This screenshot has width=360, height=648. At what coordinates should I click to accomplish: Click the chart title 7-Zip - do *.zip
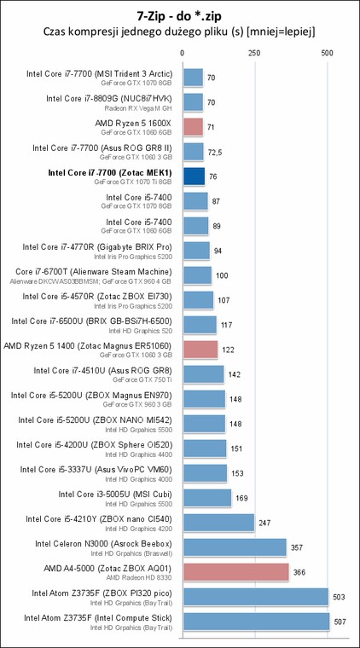pos(180,16)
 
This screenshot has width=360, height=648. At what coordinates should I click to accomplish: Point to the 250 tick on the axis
pos(254,53)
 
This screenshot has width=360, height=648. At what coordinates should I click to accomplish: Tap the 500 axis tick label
pos(327,53)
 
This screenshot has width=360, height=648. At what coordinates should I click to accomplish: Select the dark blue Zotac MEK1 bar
pos(194,176)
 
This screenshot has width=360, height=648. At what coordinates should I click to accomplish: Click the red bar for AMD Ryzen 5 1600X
pos(193,127)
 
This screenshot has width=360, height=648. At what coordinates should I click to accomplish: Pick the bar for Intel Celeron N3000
pos(235,547)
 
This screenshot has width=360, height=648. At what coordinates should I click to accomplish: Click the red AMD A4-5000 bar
pos(236,572)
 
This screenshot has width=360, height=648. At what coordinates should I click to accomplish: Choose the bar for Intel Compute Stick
pos(256,622)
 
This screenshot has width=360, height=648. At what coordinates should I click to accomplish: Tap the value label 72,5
pos(214,152)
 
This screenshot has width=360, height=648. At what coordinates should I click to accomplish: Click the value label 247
pos(264,523)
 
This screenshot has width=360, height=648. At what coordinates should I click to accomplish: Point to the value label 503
pos(339,597)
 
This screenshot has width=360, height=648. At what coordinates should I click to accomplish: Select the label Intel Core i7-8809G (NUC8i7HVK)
pos(108,99)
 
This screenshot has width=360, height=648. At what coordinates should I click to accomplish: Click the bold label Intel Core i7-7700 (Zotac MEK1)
pos(110,173)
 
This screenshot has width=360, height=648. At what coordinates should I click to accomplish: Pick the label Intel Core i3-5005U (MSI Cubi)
pos(115,495)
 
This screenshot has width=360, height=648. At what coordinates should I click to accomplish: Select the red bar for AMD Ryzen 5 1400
pos(200,350)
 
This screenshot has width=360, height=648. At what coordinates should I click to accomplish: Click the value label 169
pos(241,499)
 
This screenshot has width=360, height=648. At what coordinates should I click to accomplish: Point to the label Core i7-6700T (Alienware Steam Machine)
pos(94,272)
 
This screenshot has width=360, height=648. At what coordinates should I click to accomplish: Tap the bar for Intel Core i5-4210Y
pos(219,523)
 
